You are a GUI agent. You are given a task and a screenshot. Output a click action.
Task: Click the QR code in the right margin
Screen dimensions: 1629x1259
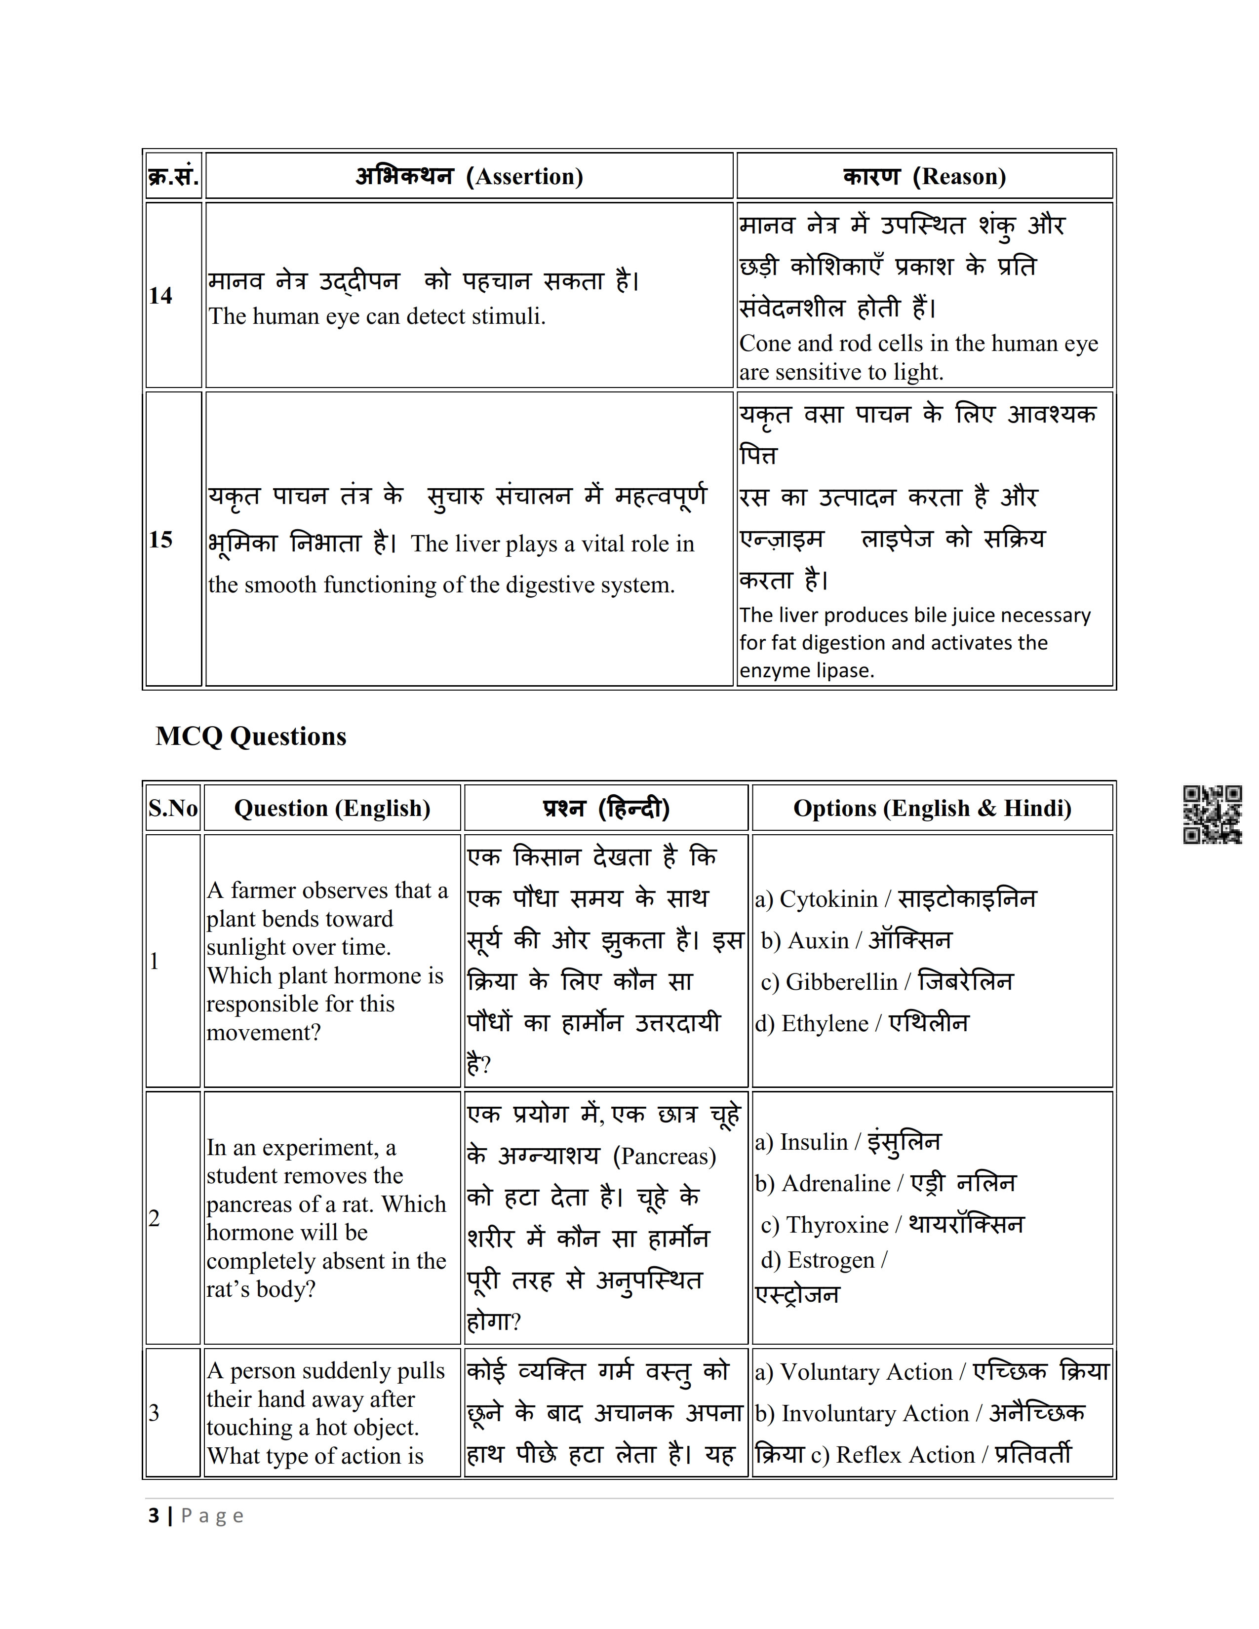coord(1212,814)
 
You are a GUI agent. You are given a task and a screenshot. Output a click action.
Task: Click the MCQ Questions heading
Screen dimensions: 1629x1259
coord(251,736)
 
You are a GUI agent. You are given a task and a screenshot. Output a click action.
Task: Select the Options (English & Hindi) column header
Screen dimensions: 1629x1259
coord(932,808)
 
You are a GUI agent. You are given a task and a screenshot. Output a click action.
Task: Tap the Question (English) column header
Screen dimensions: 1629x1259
coord(332,808)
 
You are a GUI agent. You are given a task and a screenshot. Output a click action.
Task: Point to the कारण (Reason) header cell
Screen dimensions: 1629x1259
coord(924,176)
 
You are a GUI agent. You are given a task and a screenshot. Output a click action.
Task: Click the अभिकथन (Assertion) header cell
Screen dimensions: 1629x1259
coord(469,176)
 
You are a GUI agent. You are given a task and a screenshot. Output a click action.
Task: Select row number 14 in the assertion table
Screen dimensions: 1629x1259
coord(160,295)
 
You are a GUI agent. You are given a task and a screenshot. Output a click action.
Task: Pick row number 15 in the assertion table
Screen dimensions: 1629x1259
coord(160,539)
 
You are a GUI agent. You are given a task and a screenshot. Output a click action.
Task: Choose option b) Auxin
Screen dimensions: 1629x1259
coord(856,940)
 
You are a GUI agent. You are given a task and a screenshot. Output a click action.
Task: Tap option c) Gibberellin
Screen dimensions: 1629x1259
coord(886,981)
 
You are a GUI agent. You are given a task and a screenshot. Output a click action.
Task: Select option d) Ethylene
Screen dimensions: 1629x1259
coord(862,1023)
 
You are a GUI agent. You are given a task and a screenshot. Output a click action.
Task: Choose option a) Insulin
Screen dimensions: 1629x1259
coord(848,1142)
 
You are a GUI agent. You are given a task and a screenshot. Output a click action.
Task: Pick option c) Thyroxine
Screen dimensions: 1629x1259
coord(892,1225)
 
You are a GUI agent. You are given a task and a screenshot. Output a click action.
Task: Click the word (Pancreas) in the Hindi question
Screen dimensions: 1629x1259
coord(664,1156)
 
